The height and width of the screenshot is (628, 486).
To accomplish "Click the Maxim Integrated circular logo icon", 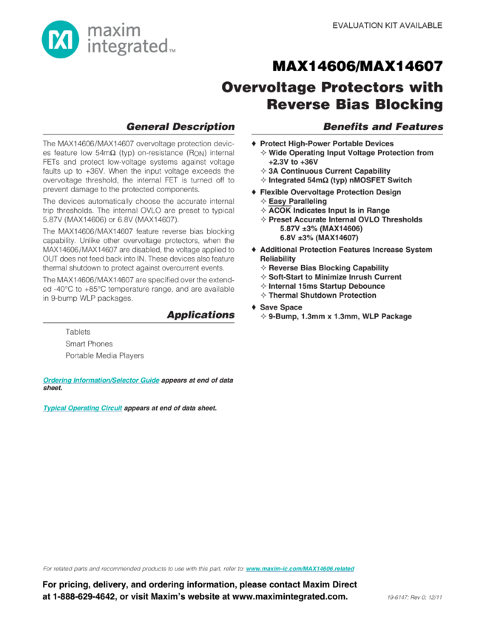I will [x=59, y=38].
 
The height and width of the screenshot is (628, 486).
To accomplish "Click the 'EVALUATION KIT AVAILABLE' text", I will [x=387, y=25].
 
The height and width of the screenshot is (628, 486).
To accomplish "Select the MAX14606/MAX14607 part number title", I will [x=357, y=66].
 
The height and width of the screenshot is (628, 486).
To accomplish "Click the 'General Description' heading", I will [x=180, y=126].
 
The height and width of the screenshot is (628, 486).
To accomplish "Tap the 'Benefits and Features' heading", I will [x=383, y=126].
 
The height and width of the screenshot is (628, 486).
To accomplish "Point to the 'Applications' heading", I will [x=200, y=315].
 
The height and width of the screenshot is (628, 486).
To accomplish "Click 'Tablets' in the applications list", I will [x=78, y=332].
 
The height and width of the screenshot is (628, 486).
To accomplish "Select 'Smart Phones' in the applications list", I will [x=89, y=344].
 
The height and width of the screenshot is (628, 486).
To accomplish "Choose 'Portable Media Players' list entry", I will [x=104, y=355].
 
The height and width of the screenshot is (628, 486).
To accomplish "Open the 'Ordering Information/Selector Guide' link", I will [x=101, y=380].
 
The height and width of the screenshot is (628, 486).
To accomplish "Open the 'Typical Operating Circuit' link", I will [x=82, y=408].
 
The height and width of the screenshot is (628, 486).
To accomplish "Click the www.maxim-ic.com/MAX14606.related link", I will [x=300, y=569].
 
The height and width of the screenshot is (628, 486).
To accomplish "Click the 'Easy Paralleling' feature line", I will [x=297, y=201].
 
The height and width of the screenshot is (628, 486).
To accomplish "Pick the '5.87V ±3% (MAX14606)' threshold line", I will [x=321, y=228].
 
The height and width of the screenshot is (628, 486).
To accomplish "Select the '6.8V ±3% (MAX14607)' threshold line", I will [x=319, y=237].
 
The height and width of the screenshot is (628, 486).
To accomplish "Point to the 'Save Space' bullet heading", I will [x=281, y=307].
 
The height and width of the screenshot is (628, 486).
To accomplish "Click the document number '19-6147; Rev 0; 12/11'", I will [x=415, y=597].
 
